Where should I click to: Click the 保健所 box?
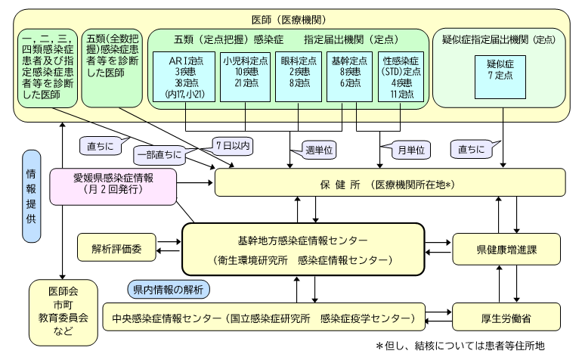[x=390, y=185]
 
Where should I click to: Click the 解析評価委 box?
[x=116, y=249]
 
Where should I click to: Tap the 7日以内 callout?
[x=231, y=143]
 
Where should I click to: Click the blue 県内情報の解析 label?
[x=166, y=290]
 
